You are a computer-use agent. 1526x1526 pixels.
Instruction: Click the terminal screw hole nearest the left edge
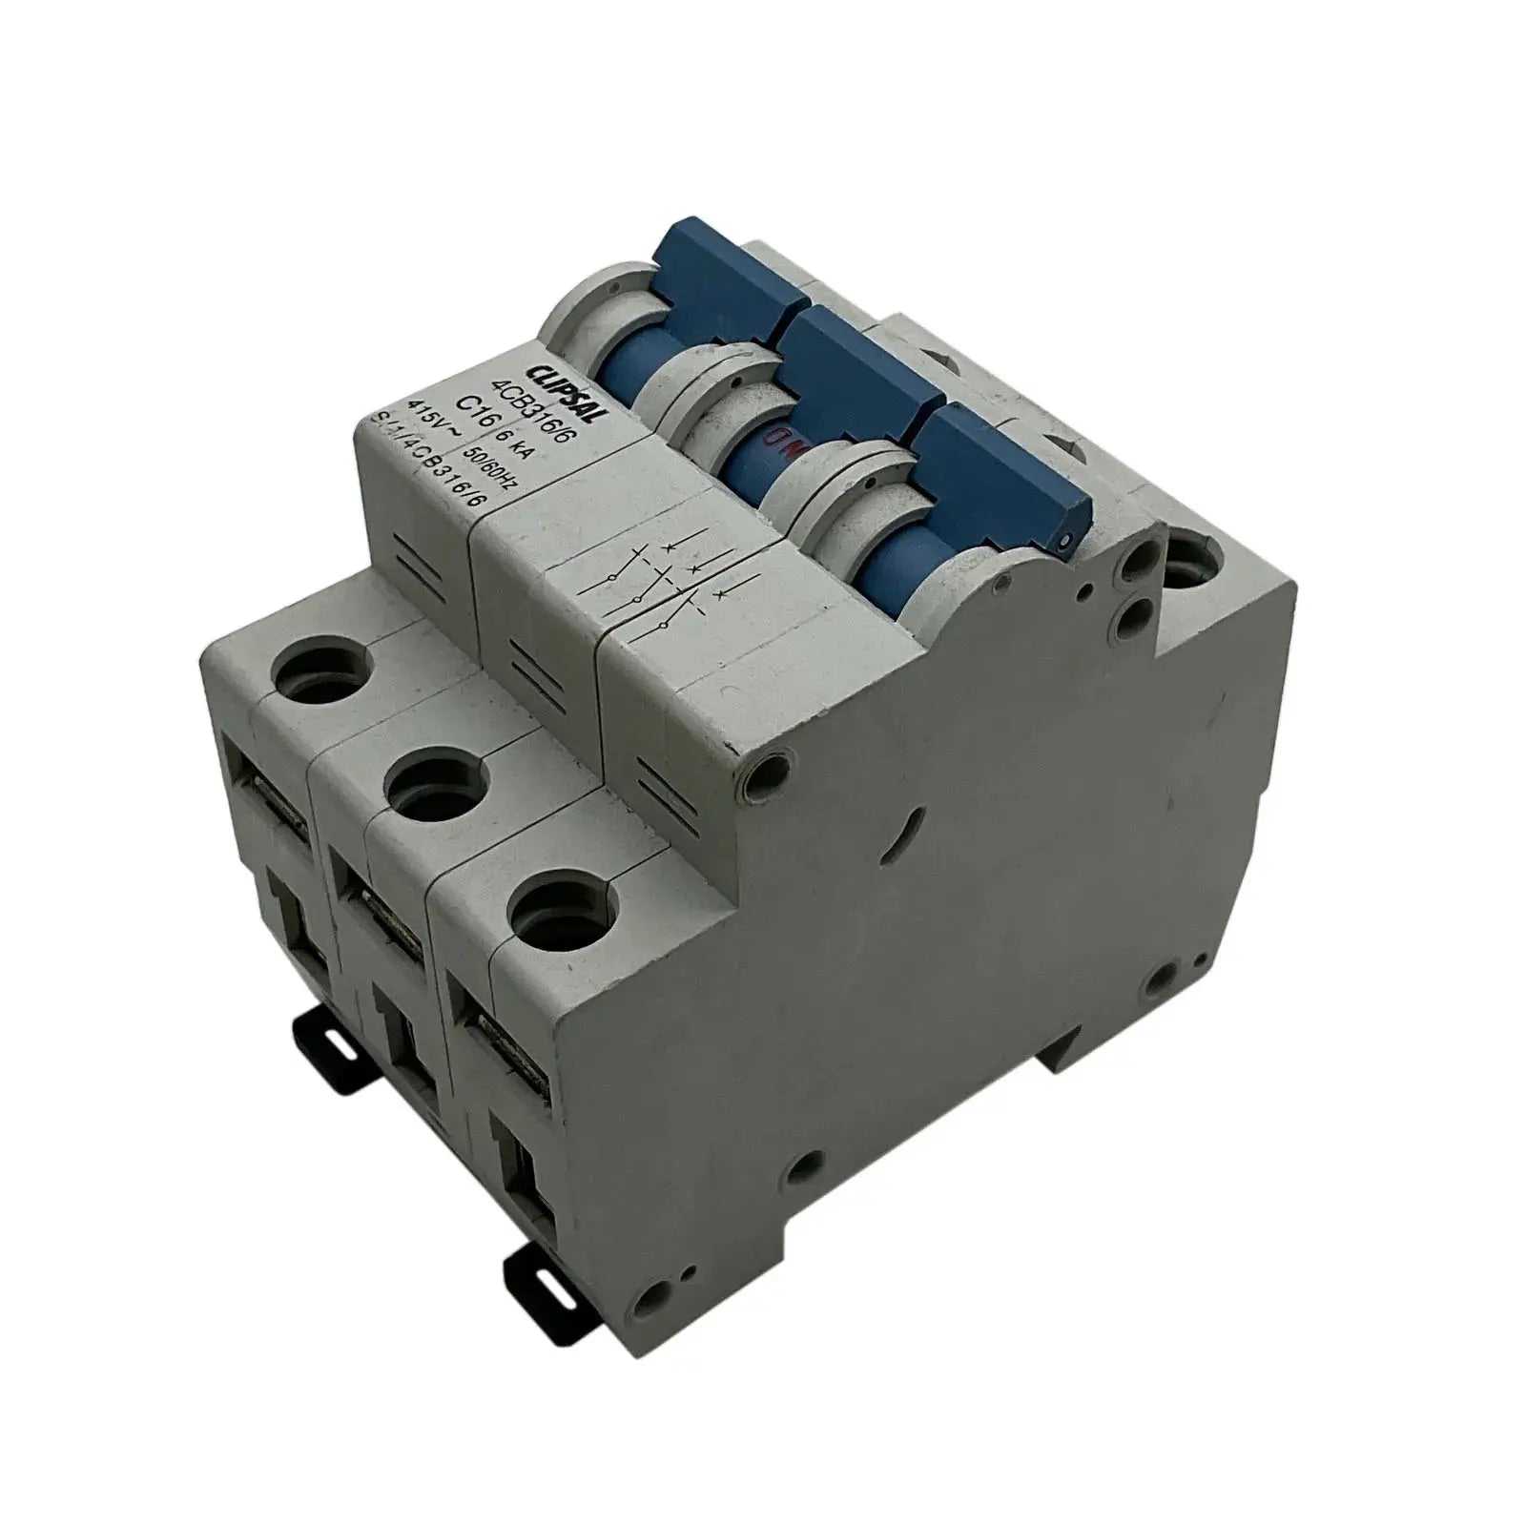coord(315,677)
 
